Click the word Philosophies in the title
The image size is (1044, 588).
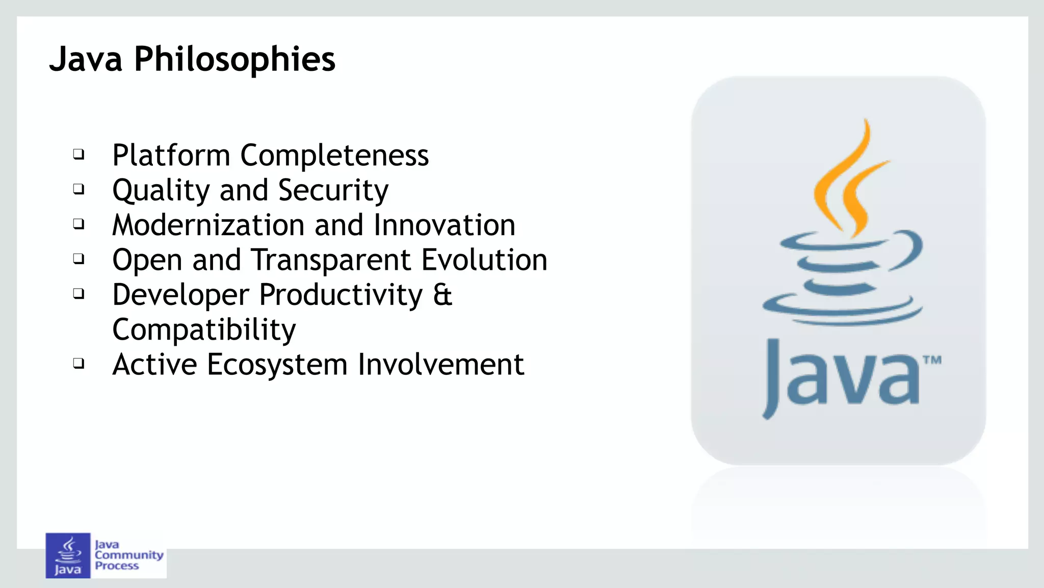[234, 60]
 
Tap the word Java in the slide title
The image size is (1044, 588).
[86, 60]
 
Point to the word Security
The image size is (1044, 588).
[333, 190]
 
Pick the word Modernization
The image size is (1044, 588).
[208, 225]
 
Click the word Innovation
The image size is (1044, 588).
[444, 225]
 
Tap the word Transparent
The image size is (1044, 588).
[332, 260]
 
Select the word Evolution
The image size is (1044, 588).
[484, 260]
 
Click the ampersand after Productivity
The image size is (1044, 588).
[442, 295]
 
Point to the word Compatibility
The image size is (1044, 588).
[204, 330]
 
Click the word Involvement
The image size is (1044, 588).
[441, 365]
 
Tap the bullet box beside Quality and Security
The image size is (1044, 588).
[79, 189]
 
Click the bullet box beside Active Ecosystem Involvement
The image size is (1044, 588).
[79, 364]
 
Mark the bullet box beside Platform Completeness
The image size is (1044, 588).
[79, 154]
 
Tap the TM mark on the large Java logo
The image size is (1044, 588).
[932, 361]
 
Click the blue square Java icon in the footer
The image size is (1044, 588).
[68, 556]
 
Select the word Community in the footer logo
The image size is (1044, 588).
[129, 555]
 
